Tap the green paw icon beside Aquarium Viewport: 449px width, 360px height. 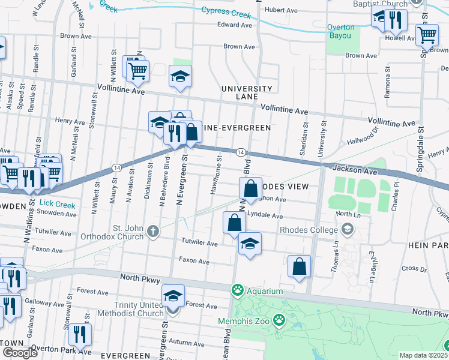pyautogui.click(x=238, y=290)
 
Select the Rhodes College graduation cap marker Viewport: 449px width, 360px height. pyautogui.click(x=346, y=229)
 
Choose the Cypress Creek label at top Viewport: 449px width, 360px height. pyautogui.click(x=225, y=11)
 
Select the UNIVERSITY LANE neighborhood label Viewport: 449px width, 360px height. pyautogui.click(x=247, y=92)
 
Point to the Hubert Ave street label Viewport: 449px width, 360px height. pyautogui.click(x=281, y=10)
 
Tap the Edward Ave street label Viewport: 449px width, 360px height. pyautogui.click(x=234, y=25)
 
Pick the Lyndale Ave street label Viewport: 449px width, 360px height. pyautogui.click(x=265, y=215)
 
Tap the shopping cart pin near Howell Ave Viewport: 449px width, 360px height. pyautogui.click(x=427, y=35)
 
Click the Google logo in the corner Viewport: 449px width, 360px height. pyautogui.click(x=20, y=353)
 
